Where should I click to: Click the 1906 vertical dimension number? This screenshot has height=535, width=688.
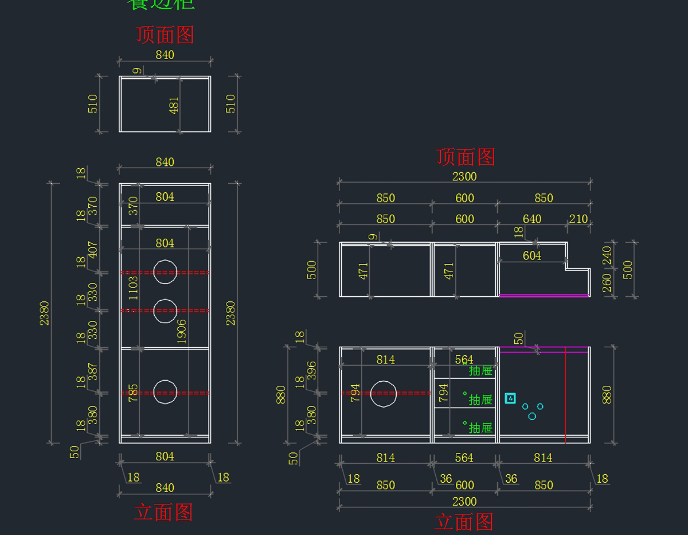pyautogui.click(x=182, y=331)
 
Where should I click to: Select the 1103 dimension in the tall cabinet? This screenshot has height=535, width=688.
pyautogui.click(x=133, y=288)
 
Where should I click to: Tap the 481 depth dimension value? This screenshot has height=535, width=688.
pyautogui.click(x=174, y=105)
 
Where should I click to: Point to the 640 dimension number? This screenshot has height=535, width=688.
pyautogui.click(x=531, y=219)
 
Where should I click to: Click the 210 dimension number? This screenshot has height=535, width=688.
pyautogui.click(x=578, y=219)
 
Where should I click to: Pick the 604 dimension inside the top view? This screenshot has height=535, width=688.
pyautogui.click(x=531, y=255)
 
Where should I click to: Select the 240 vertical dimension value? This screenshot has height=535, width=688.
pyautogui.click(x=607, y=255)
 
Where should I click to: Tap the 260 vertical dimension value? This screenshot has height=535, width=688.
pyautogui.click(x=607, y=282)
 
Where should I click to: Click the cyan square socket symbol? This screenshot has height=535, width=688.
pyautogui.click(x=510, y=398)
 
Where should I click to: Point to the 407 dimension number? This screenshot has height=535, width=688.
pyautogui.click(x=93, y=249)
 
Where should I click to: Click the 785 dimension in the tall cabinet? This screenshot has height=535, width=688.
pyautogui.click(x=133, y=393)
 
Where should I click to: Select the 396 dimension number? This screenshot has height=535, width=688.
pyautogui.click(x=311, y=370)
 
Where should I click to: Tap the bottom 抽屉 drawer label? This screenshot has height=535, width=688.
pyautogui.click(x=480, y=428)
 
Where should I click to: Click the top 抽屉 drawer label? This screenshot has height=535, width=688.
pyautogui.click(x=480, y=371)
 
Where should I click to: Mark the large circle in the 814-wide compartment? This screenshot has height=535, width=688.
pyautogui.click(x=384, y=393)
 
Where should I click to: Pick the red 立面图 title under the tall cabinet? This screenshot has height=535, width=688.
pyautogui.click(x=163, y=512)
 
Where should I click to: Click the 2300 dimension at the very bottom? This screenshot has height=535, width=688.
pyautogui.click(x=464, y=502)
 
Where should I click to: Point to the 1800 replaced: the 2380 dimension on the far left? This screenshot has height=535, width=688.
pyautogui.click(x=44, y=313)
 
